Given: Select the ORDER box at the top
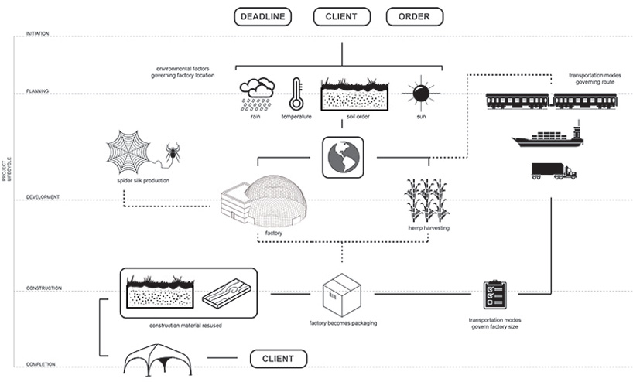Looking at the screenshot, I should click(x=414, y=16).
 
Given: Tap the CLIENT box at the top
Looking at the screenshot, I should click(x=340, y=16).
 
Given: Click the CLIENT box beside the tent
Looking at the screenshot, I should click(x=279, y=359).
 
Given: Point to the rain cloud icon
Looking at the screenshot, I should click(x=256, y=94).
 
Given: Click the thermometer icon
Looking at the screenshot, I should click(x=296, y=94).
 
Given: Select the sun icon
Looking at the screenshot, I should click(x=420, y=94).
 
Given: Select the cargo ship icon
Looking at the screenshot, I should click(x=546, y=138).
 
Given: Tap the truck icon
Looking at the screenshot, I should click(x=553, y=171).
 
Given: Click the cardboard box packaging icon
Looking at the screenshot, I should click(x=341, y=295).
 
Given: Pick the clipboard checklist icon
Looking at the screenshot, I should click(x=494, y=295).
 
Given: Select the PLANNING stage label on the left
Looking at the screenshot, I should click(x=37, y=90).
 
